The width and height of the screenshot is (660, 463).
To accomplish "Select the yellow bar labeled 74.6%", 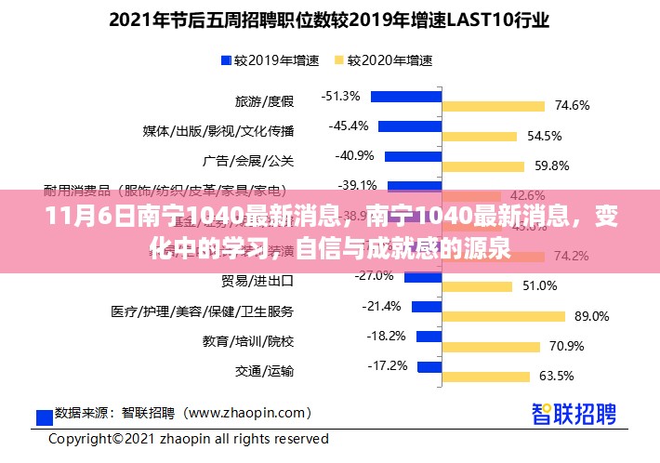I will click(x=498, y=106).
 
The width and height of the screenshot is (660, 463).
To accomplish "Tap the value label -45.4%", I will click(x=349, y=126).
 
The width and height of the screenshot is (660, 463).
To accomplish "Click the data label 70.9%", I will click(x=566, y=346).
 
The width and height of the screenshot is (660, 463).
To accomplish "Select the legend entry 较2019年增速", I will click(x=270, y=61).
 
